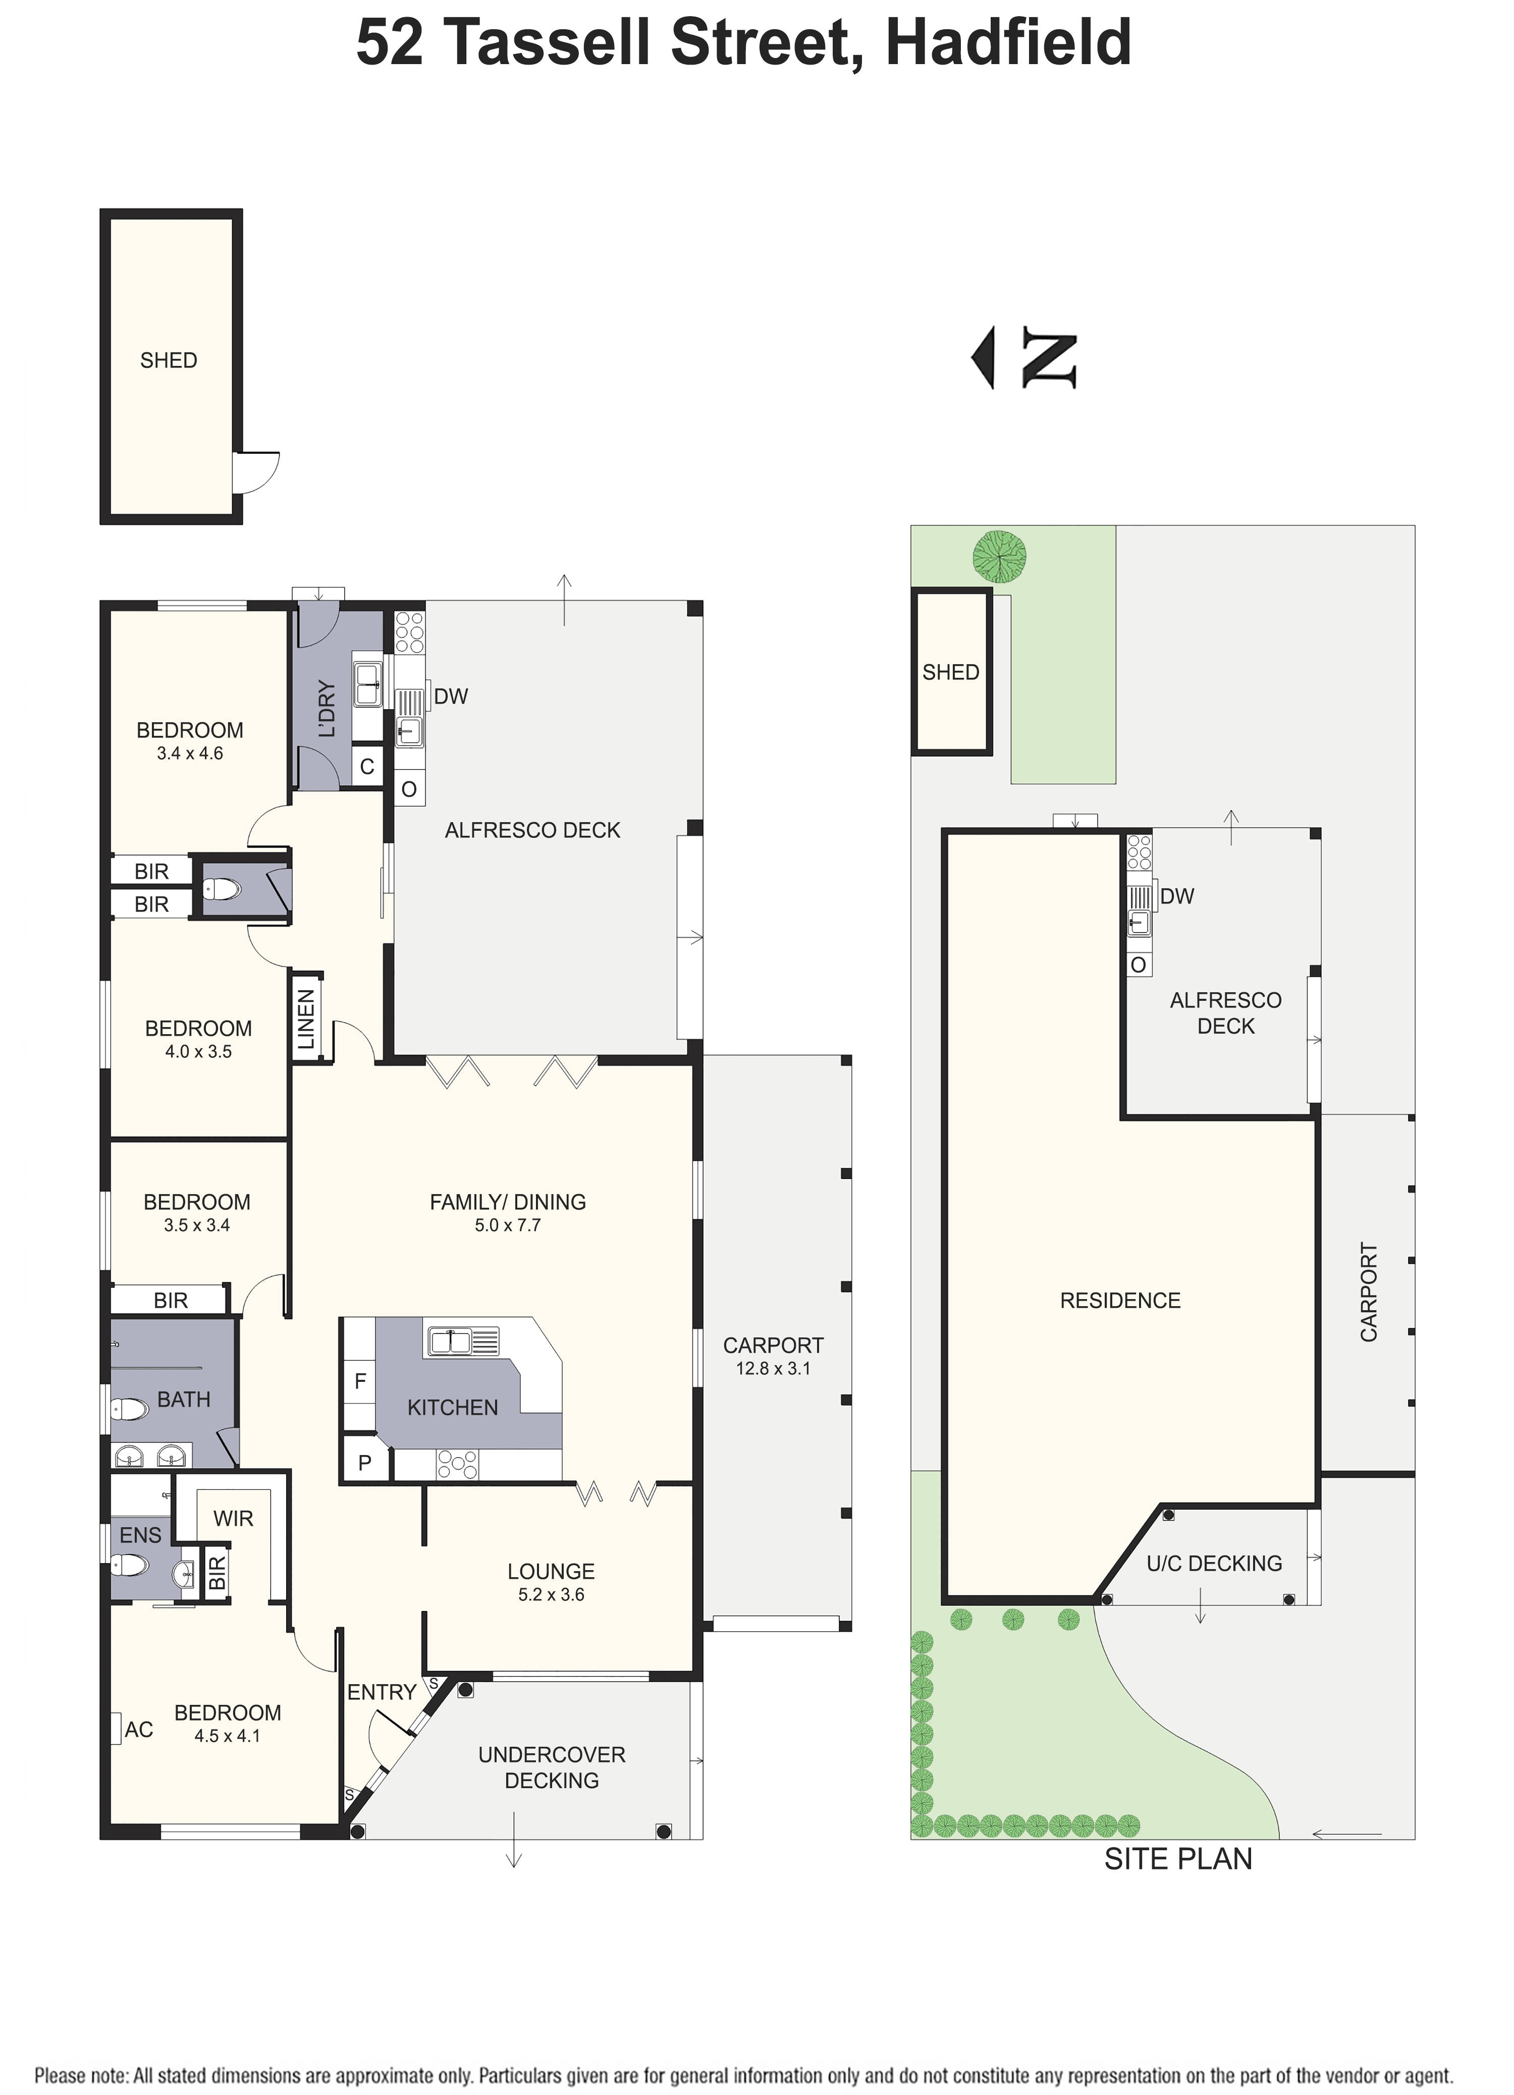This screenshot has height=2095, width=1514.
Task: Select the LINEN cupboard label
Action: click(x=306, y=1019)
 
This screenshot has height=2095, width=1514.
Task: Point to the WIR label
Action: click(x=233, y=1518)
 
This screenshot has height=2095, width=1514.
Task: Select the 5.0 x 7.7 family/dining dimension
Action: click(x=507, y=1225)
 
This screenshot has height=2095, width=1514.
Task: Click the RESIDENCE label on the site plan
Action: click(x=1119, y=1301)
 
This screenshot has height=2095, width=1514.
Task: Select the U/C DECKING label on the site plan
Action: click(x=1214, y=1563)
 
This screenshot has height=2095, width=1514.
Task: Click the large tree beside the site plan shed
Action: click(x=999, y=556)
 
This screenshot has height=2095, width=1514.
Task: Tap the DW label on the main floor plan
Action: click(x=451, y=696)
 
